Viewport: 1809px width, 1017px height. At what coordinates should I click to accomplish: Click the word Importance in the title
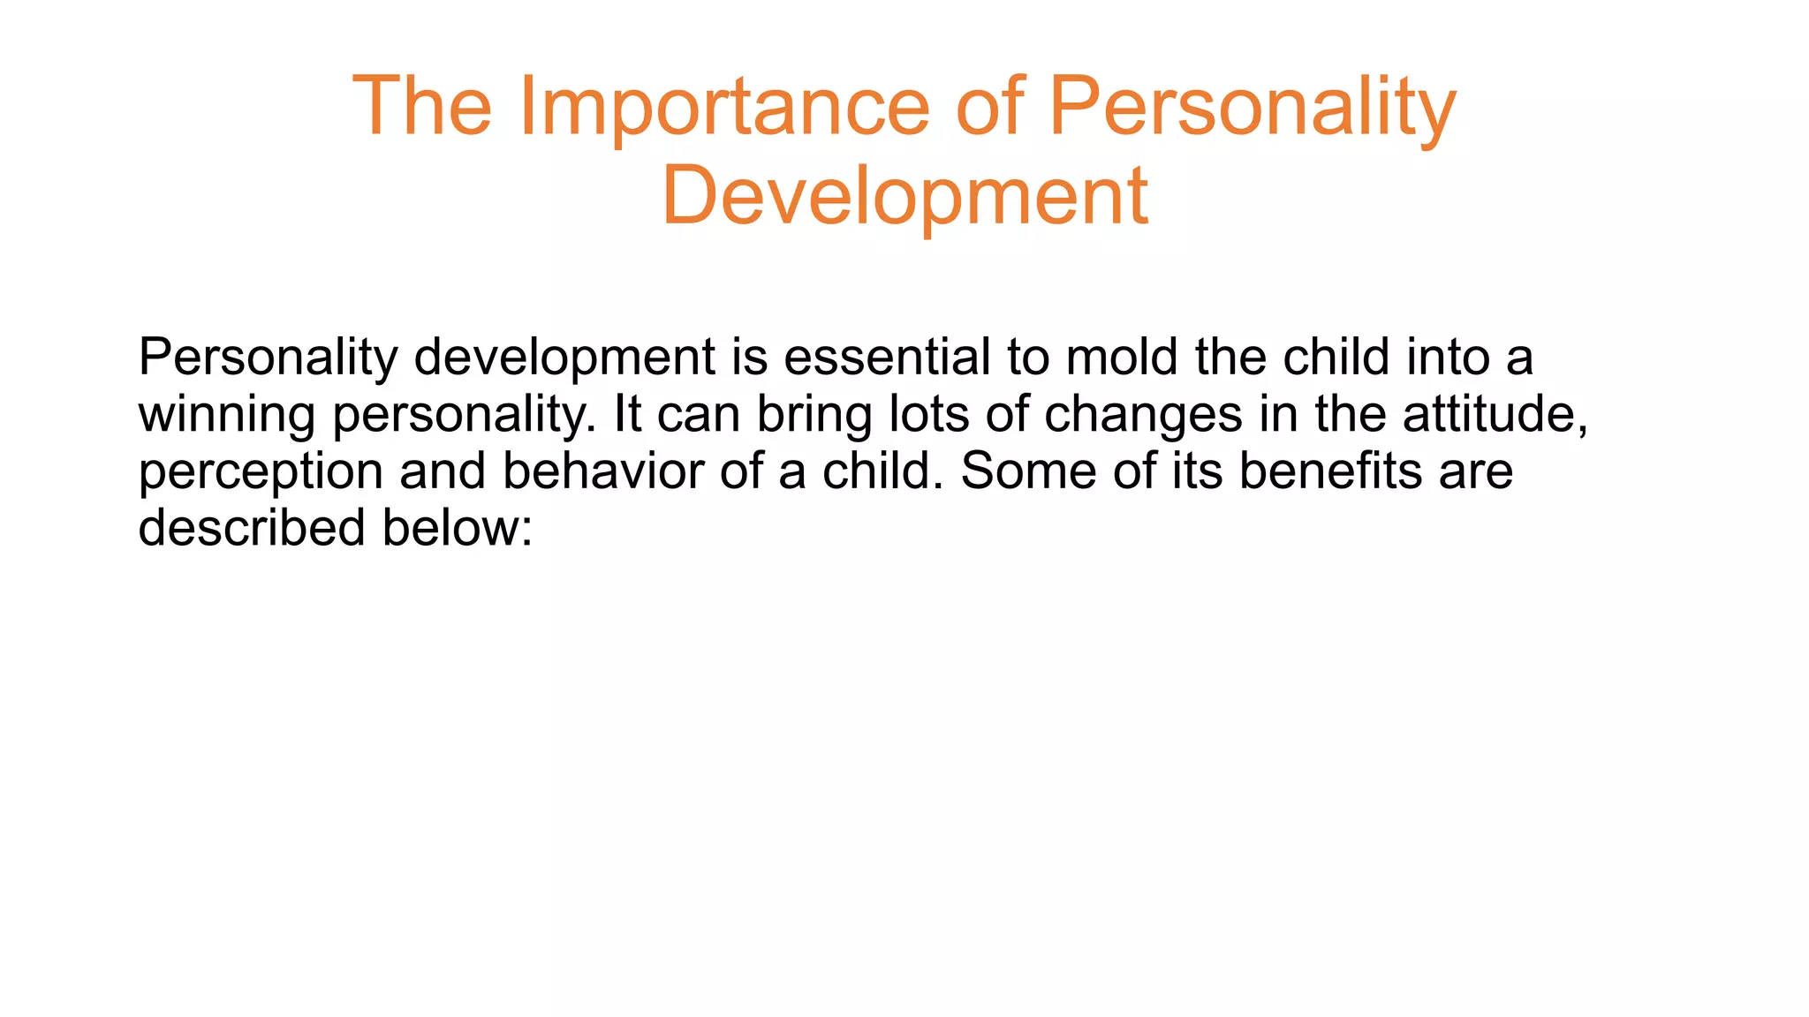[724, 108]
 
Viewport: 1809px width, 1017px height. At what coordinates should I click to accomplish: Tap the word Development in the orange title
[904, 196]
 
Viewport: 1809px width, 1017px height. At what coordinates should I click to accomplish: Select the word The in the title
[421, 108]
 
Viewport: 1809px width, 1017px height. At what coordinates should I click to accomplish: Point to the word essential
[887, 358]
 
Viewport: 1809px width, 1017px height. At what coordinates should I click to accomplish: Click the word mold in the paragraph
[1122, 358]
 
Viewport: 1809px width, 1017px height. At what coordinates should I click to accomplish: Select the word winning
[226, 414]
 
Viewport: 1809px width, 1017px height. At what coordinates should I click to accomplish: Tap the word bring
[814, 414]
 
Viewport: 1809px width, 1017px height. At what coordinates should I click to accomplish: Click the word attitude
[1495, 414]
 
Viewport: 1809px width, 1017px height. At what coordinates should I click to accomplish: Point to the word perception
[261, 471]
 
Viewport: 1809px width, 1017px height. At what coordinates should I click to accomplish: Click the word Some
[1027, 471]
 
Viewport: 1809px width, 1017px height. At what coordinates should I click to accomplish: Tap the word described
[252, 528]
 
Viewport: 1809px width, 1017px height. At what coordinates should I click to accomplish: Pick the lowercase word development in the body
[564, 358]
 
